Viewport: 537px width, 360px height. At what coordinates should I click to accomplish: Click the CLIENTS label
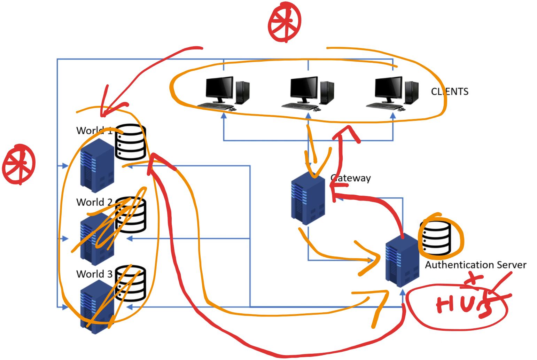(450, 92)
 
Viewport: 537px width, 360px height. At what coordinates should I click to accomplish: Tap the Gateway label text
(351, 178)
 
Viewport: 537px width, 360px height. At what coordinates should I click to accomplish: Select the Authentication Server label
(475, 265)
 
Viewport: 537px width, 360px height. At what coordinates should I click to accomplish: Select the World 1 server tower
(97, 166)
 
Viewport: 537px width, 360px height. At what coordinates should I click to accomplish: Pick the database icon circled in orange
(436, 238)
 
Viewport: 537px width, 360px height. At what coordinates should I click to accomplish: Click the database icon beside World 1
(130, 142)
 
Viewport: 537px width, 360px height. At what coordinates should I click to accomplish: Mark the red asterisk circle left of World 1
(19, 164)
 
